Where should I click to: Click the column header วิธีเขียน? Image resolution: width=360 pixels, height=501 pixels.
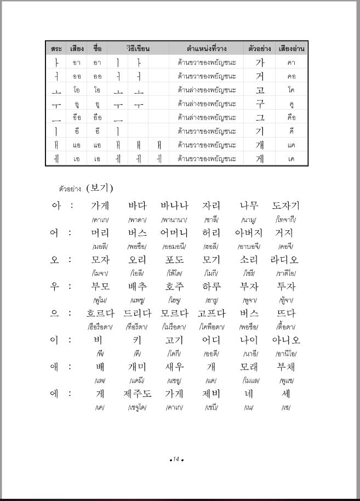coord(138,48)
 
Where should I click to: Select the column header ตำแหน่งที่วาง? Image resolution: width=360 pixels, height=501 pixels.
coord(207,48)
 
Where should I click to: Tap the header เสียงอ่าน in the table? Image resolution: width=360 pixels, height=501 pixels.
coord(291,48)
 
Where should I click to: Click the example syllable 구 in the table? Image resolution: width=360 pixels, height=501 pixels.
coord(260,104)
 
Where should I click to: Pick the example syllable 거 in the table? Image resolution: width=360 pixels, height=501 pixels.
coord(260,76)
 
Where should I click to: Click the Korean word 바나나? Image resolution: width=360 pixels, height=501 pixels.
coord(174,206)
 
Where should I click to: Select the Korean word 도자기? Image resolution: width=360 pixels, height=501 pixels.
coord(285,206)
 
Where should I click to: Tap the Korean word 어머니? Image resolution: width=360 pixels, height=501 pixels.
coord(174,232)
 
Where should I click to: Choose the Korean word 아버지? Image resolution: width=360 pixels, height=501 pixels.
coord(248,232)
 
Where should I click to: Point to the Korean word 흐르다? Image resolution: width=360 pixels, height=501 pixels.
coord(100,313)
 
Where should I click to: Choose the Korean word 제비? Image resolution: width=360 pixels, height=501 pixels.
coord(212,394)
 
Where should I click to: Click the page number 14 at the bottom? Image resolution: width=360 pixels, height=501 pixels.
coord(176,459)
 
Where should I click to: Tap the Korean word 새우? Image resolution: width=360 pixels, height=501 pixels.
coord(174,367)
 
